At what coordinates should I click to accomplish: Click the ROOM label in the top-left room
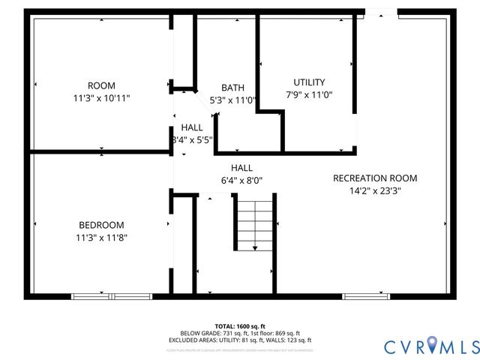(101, 85)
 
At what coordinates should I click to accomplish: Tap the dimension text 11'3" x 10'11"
(101, 98)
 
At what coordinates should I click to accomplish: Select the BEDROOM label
(101, 225)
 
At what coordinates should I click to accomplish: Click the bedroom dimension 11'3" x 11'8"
(101, 238)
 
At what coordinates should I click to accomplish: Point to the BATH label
(232, 88)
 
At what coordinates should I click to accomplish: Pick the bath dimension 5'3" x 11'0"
(232, 100)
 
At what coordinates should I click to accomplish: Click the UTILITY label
(309, 82)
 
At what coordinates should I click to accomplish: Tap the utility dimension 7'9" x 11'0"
(309, 95)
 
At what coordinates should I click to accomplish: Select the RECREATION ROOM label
(375, 178)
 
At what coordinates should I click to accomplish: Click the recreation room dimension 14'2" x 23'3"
(375, 190)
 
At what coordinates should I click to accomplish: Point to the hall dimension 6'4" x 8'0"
(241, 180)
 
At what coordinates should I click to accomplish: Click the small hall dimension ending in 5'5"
(193, 139)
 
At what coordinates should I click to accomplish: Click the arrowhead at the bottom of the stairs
(256, 248)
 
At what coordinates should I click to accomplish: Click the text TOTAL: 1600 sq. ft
(240, 326)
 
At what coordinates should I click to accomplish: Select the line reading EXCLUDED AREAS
(240, 340)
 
